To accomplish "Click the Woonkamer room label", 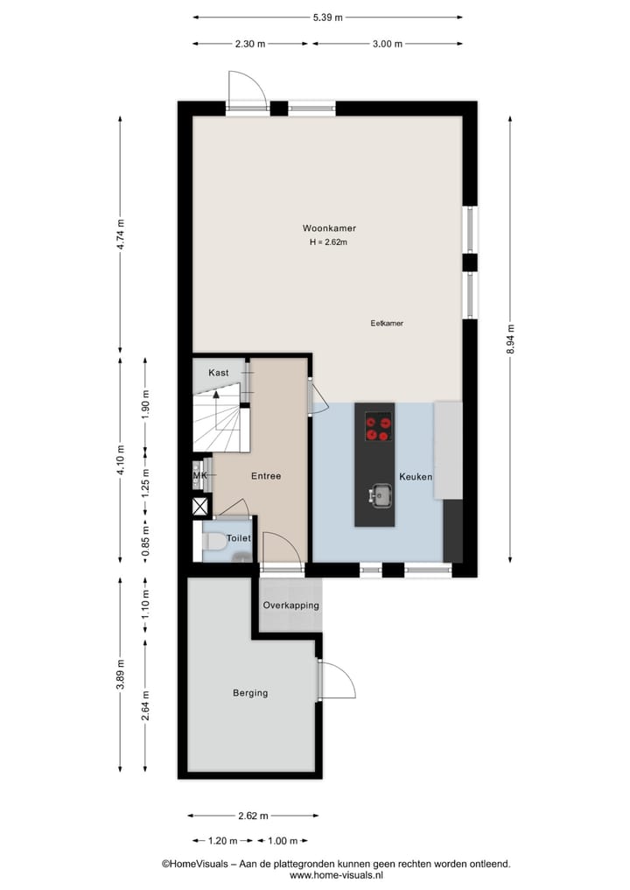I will pyautogui.click(x=329, y=228).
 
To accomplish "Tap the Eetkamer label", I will pyautogui.click(x=387, y=323).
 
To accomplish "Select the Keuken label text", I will pyautogui.click(x=416, y=477).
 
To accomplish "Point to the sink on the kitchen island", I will pyautogui.click(x=380, y=495).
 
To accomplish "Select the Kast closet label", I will pyautogui.click(x=218, y=373).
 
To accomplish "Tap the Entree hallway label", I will pyautogui.click(x=266, y=477).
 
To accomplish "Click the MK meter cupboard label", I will pyautogui.click(x=199, y=476).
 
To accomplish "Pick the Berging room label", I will pyautogui.click(x=250, y=693).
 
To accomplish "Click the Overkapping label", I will pyautogui.click(x=291, y=606).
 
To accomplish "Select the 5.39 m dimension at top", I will pyautogui.click(x=328, y=17).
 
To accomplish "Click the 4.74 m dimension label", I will pyautogui.click(x=121, y=235).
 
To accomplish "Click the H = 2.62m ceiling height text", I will pyautogui.click(x=329, y=242).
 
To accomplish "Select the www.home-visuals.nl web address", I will pyautogui.click(x=336, y=875).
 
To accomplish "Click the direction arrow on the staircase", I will pyautogui.click(x=217, y=396).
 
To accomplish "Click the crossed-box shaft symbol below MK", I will pyautogui.click(x=200, y=506).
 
